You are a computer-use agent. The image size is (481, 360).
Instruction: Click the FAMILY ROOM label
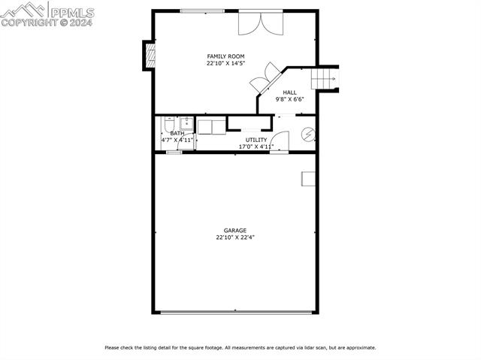[225, 56]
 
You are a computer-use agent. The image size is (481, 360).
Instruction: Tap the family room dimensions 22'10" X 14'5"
[225, 64]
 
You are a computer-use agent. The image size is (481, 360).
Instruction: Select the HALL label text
[289, 92]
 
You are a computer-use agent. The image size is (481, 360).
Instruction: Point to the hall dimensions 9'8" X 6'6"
[289, 99]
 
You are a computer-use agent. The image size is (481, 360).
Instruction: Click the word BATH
[177, 133]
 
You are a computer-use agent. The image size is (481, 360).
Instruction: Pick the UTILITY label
[256, 140]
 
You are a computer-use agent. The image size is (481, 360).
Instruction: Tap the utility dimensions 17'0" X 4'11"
[256, 147]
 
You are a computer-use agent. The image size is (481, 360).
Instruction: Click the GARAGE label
[234, 231]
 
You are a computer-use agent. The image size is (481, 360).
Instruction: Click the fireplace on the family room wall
[150, 54]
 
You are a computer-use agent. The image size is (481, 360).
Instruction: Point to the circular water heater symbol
[307, 135]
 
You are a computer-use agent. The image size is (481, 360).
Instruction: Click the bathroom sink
[186, 124]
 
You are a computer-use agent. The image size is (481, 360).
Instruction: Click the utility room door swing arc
[280, 141]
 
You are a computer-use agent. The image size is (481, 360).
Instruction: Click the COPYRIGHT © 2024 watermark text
[47, 23]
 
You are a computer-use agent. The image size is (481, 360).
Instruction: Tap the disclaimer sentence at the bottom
[240, 347]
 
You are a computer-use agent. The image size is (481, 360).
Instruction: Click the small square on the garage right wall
[308, 178]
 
